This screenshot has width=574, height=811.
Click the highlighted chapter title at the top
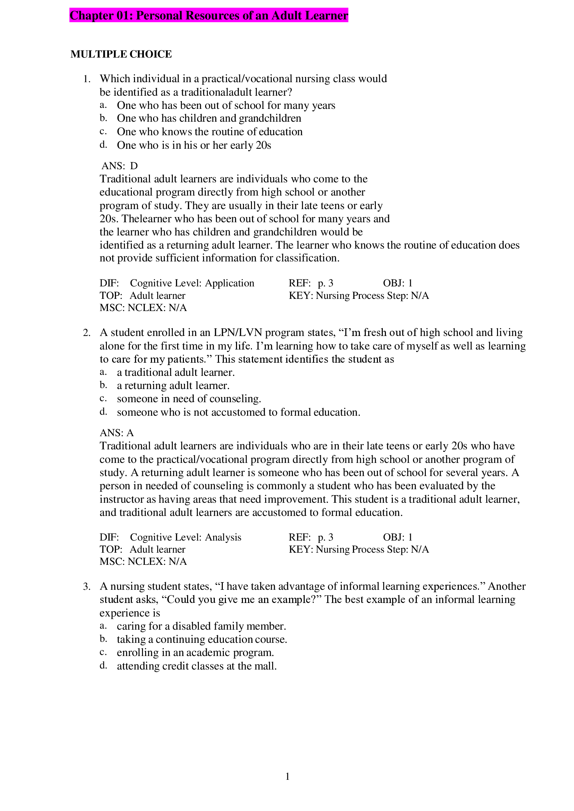tap(209, 16)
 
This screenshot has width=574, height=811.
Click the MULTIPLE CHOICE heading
tap(121, 54)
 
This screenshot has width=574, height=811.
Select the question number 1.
tap(87, 79)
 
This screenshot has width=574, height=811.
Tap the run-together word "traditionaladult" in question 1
tap(204, 92)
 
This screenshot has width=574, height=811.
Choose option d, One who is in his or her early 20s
tap(194, 145)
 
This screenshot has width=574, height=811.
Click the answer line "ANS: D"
tap(119, 166)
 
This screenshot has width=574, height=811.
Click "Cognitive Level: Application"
tap(192, 283)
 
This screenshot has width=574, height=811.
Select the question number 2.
tap(87, 333)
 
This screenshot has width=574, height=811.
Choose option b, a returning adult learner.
tap(173, 385)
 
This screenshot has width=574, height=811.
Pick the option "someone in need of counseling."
tap(189, 399)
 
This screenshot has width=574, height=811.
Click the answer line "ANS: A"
tap(117, 433)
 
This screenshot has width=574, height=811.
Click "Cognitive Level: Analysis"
tap(186, 537)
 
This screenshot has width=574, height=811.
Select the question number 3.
tap(87, 587)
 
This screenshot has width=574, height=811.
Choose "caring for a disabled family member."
tap(201, 626)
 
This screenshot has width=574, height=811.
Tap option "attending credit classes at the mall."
tap(196, 666)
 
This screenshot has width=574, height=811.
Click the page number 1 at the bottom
tap(287, 776)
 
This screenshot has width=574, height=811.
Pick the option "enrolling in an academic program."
tap(195, 653)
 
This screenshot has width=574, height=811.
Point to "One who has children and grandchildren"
tap(209, 118)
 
